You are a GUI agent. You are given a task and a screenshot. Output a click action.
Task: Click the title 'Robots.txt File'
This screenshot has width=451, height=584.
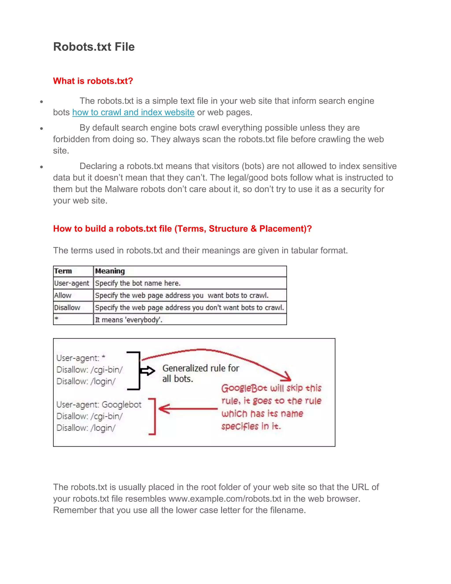pyautogui.click(x=94, y=47)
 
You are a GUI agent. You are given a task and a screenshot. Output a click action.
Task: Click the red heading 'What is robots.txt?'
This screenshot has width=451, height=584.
pyautogui.click(x=93, y=81)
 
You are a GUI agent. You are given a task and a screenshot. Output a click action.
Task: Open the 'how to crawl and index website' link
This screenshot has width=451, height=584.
pyautogui.click(x=133, y=112)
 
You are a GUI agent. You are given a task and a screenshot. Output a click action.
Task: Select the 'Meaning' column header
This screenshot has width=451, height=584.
pyautogui.click(x=110, y=271)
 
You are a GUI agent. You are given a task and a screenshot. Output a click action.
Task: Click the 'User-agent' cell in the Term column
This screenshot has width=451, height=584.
pyautogui.click(x=71, y=283)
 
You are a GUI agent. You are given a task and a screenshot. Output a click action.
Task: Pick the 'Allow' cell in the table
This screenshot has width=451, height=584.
pyautogui.click(x=63, y=296)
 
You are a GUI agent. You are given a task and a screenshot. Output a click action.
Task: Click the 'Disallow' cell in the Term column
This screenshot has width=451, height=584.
pyautogui.click(x=67, y=307)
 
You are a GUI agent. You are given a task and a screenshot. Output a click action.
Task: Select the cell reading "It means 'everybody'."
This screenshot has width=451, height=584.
pyautogui.click(x=129, y=320)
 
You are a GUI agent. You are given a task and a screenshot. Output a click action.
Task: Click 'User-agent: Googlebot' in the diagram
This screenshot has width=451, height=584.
pyautogui.click(x=99, y=405)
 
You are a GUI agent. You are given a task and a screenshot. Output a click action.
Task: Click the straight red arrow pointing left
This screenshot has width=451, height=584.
pyautogui.click(x=187, y=409)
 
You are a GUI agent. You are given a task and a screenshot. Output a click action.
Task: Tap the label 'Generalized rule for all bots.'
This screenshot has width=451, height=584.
pyautogui.click(x=200, y=373)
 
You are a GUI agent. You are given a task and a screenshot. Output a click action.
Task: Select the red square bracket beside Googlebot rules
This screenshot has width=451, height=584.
pyautogui.click(x=153, y=416)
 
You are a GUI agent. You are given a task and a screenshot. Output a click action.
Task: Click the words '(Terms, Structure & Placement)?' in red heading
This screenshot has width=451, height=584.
pyautogui.click(x=243, y=229)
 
